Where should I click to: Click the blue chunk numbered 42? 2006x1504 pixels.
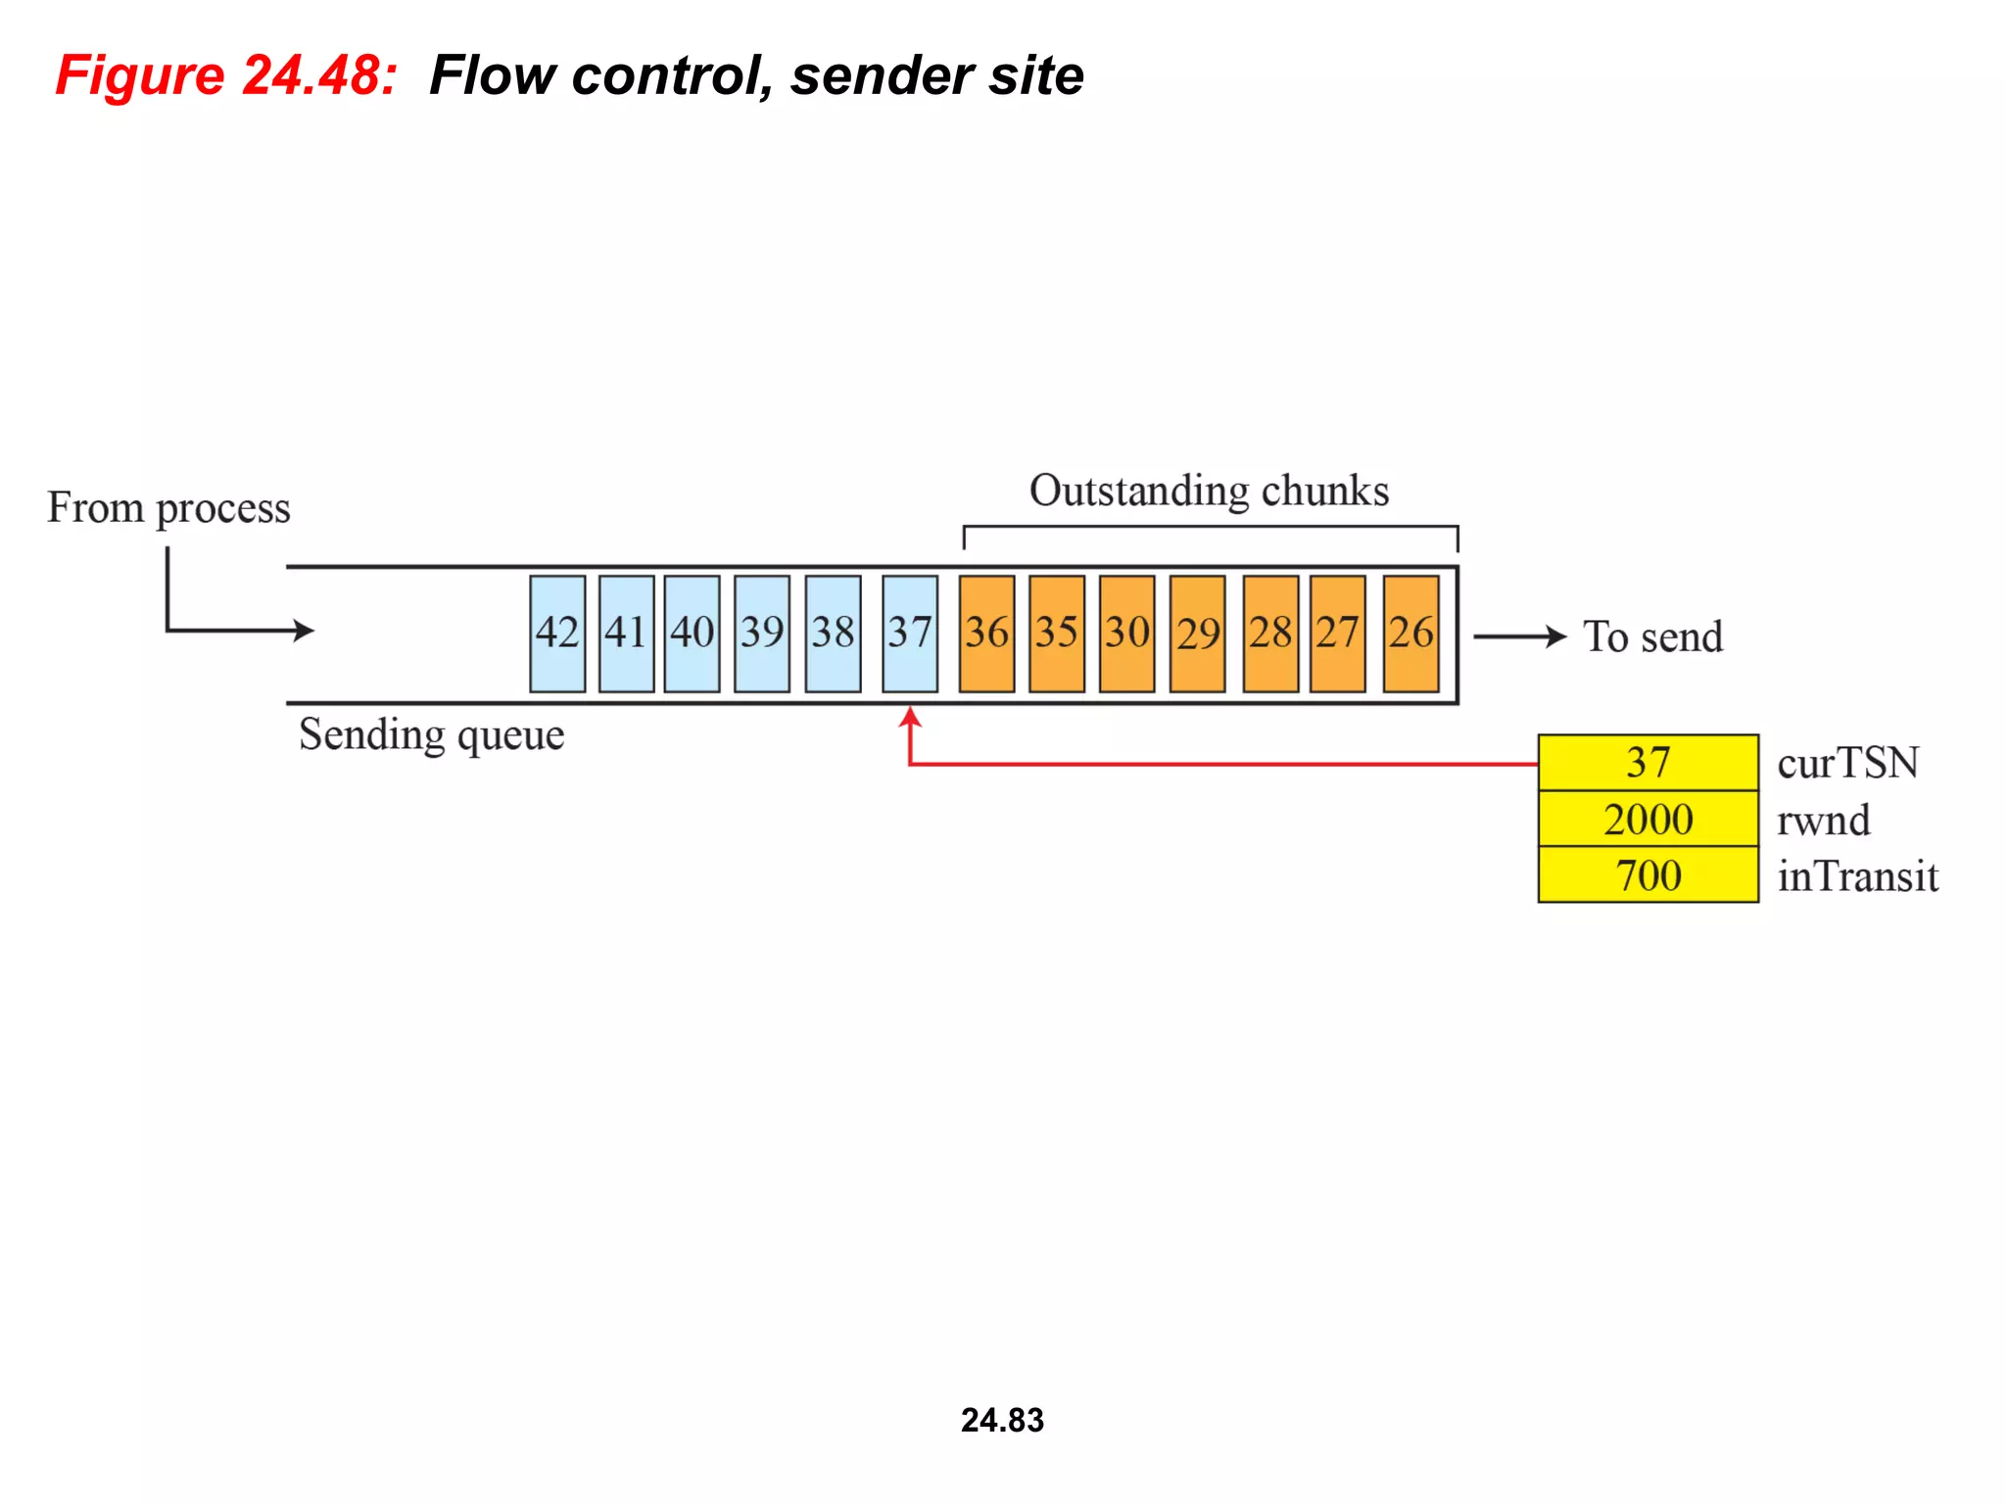tap(557, 634)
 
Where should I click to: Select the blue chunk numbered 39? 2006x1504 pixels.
tap(761, 634)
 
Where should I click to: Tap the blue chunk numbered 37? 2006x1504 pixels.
tap(909, 634)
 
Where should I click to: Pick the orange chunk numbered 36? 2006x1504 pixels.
tap(986, 634)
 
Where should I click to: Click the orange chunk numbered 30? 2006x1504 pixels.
tap(1126, 634)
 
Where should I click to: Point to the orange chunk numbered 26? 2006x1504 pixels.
tap(1410, 634)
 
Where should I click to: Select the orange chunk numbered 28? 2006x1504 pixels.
tap(1270, 634)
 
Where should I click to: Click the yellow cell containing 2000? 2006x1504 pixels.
tap(1648, 819)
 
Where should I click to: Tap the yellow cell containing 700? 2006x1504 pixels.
tap(1648, 874)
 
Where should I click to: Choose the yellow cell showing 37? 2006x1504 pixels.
tap(1648, 762)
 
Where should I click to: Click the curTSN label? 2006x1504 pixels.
tap(1847, 763)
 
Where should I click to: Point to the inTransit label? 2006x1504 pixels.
tap(1857, 875)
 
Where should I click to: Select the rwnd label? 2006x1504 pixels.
tap(1823, 820)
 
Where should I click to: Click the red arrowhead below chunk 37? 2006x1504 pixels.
tap(910, 718)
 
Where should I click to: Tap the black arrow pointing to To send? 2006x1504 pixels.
tap(1521, 636)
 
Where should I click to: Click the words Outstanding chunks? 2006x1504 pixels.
tap(1209, 491)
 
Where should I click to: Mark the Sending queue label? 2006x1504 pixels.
tap(431, 734)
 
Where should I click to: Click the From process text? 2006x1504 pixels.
tap(168, 507)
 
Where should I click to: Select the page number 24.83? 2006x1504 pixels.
tap(1002, 1420)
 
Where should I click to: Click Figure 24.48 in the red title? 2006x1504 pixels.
tap(226, 75)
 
